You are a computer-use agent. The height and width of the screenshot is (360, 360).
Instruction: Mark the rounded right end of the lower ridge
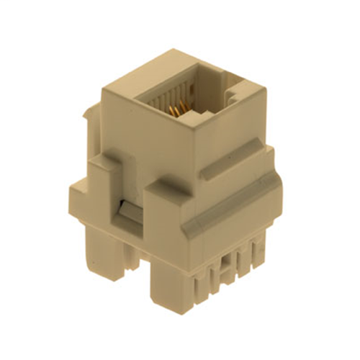(277, 180)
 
